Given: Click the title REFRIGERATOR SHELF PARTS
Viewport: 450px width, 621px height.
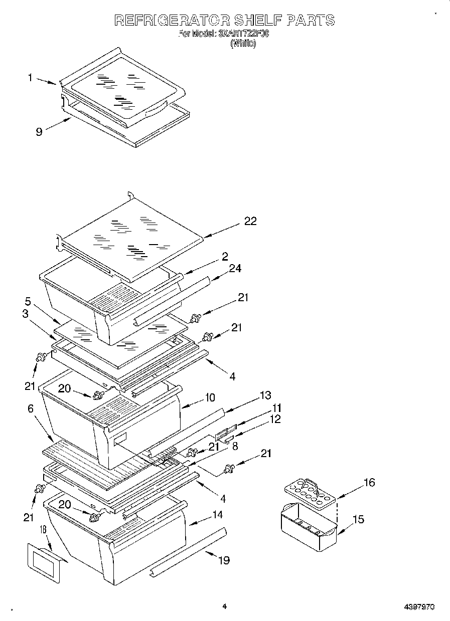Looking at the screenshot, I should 224,21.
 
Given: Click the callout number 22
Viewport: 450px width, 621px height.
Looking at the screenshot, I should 250,221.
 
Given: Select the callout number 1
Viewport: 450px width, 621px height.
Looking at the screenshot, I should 31,78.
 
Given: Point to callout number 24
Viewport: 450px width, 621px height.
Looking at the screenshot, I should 235,269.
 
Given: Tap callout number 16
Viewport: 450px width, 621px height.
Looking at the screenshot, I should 369,483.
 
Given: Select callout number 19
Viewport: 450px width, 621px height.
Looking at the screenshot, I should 224,560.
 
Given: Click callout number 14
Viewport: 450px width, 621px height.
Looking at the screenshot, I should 217,514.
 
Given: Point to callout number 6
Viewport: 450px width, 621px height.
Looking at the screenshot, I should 31,409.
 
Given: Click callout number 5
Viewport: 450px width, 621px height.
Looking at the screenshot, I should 28,302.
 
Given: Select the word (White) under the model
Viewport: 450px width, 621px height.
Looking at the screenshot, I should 243,44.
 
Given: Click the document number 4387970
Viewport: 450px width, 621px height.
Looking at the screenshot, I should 419,607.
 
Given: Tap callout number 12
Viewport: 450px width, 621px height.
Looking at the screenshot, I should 275,419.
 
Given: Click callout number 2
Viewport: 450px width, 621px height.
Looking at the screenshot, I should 225,257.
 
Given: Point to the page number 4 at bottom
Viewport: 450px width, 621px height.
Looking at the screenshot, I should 225,606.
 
